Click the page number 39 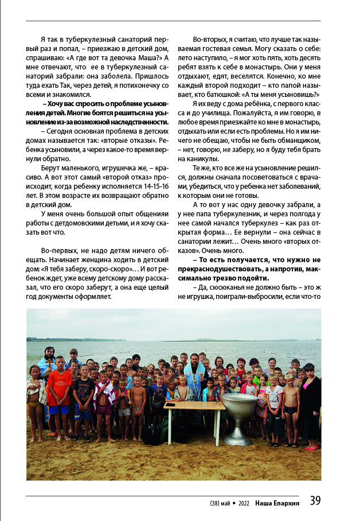pos(315,501)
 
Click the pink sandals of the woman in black pos(312,448)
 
